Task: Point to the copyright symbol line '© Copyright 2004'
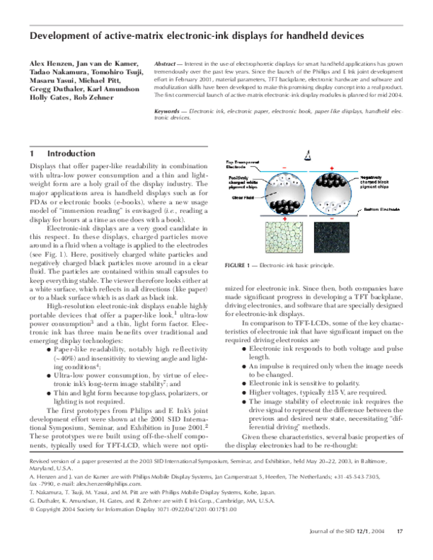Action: click(x=58, y=528)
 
